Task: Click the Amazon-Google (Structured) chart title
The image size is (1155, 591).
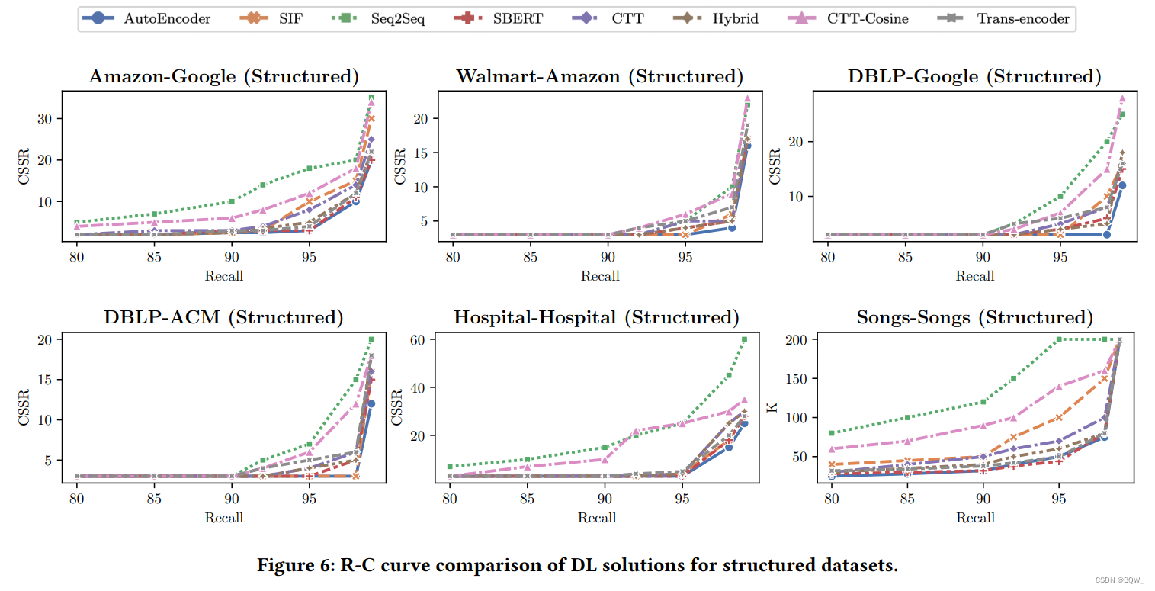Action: tap(223, 76)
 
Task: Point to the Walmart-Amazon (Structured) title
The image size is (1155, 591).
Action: tap(599, 76)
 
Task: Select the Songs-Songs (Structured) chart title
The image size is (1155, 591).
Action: tap(974, 317)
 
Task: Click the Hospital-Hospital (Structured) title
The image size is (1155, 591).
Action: tap(596, 317)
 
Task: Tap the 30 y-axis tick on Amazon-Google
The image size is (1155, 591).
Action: tap(50, 119)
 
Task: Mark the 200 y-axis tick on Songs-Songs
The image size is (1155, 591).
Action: tap(797, 339)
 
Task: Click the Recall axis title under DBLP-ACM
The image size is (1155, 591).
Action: tap(223, 518)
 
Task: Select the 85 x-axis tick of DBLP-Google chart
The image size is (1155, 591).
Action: tap(905, 257)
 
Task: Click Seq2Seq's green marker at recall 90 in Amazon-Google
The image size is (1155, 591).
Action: tap(232, 201)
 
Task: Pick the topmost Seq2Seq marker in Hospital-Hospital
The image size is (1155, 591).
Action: tap(745, 339)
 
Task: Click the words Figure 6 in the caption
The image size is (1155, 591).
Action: tap(288, 566)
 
